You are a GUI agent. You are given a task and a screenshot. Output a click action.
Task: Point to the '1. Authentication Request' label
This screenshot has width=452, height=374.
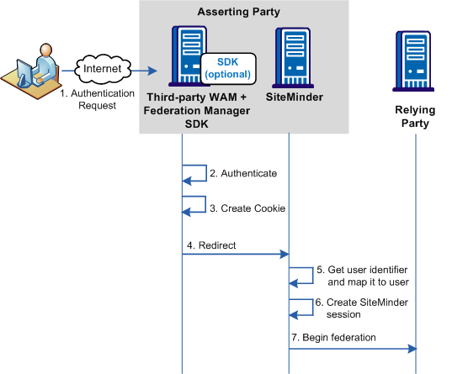point(97,99)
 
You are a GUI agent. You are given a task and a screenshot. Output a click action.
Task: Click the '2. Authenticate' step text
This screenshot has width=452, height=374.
point(243,173)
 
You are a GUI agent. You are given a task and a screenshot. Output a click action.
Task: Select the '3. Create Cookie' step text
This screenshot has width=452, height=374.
point(247,207)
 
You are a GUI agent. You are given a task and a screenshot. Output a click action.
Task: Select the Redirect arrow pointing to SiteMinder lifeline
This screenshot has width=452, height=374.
point(236,254)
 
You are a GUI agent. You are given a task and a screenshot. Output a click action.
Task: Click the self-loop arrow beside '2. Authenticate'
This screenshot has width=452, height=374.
point(196,173)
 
